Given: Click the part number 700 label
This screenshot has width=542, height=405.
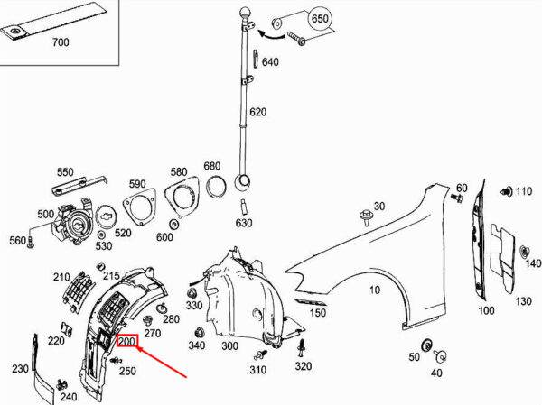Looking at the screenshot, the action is click(61, 42).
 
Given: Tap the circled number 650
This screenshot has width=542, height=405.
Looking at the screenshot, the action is click(320, 18).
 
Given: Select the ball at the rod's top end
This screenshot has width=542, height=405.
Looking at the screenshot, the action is click(245, 14).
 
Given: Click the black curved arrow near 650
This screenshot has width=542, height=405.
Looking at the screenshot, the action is click(271, 34).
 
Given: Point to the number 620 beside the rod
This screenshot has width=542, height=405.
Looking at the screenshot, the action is click(257, 112).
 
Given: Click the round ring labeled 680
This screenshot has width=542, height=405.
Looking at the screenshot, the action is click(216, 186).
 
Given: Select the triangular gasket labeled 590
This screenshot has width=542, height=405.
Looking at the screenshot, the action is click(139, 207).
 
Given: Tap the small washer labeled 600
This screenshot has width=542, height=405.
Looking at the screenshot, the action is click(173, 225).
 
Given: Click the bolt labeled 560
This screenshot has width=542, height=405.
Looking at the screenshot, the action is click(32, 243).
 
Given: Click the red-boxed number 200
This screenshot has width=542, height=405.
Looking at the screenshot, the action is click(127, 341).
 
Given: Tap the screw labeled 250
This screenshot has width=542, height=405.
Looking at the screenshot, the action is click(116, 361).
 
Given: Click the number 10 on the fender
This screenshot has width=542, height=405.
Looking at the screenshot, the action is click(375, 290).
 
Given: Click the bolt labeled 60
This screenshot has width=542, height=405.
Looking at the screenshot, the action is click(457, 198).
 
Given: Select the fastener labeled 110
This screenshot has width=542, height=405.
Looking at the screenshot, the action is click(507, 191).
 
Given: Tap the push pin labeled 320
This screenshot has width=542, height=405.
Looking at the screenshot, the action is click(302, 348).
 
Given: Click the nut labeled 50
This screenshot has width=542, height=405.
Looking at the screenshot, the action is click(427, 345).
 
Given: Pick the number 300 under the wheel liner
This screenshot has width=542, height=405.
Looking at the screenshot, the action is click(229, 345).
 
